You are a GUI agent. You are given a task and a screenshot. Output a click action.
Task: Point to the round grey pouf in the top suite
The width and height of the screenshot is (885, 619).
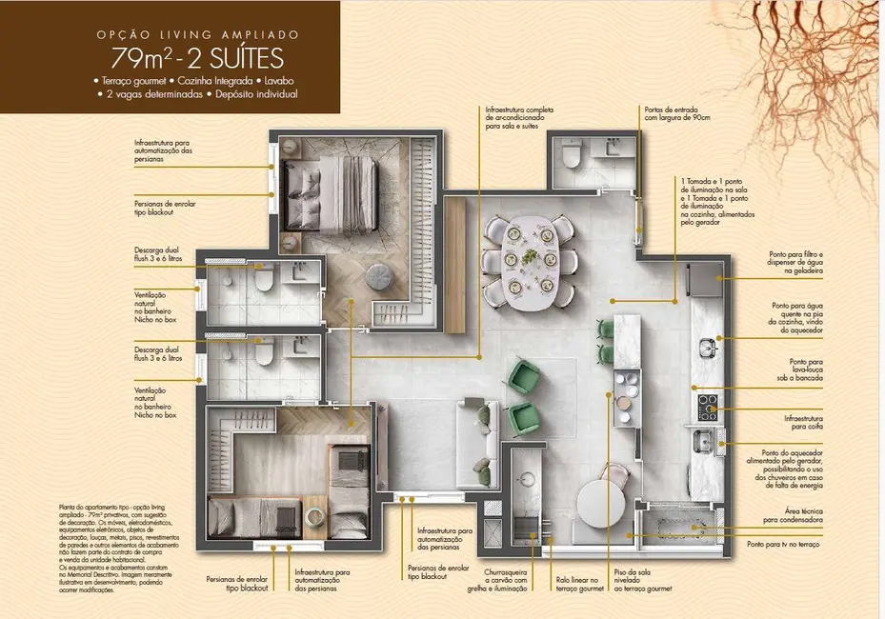point(378,275)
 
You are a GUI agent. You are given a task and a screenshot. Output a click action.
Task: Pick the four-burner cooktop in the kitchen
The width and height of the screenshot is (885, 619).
point(707,407)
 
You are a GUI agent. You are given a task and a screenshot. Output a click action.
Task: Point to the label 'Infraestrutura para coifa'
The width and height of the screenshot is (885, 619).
point(804,421)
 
